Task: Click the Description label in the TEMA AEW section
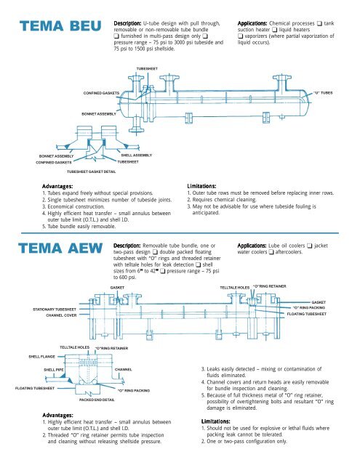pos(131,226)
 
